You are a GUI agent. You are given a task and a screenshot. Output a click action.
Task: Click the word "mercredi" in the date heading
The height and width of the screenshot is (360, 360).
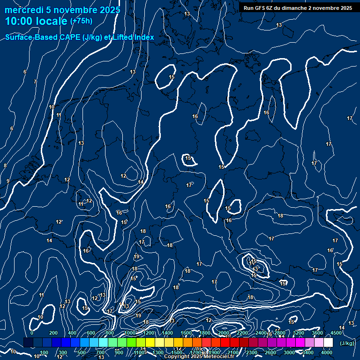point(24,9)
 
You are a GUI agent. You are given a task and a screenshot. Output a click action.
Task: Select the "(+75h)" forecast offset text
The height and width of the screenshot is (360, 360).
point(81,21)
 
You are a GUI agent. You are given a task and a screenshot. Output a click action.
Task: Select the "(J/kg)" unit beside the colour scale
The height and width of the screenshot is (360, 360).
point(347,343)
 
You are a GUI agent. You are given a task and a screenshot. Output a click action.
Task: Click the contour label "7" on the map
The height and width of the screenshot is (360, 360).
point(35,82)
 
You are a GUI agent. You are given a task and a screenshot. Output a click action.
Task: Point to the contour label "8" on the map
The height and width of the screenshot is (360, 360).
point(5,166)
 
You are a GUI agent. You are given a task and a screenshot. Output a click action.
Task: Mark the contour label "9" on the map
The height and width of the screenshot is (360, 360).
point(7,181)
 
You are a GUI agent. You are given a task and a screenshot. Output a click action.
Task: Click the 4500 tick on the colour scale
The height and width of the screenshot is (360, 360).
point(336,333)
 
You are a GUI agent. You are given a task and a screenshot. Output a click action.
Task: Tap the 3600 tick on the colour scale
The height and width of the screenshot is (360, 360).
point(317,333)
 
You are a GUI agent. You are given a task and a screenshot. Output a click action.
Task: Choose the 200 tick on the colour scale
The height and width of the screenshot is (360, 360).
point(53,333)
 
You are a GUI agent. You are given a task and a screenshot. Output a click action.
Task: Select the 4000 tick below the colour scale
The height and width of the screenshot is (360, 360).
point(327,352)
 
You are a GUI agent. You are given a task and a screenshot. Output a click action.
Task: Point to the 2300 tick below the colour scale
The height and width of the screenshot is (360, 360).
point(251,352)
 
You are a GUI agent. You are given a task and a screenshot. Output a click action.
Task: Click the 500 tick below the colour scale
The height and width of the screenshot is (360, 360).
point(82,352)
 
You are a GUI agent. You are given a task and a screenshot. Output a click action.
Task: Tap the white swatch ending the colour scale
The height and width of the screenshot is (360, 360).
point(328,343)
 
